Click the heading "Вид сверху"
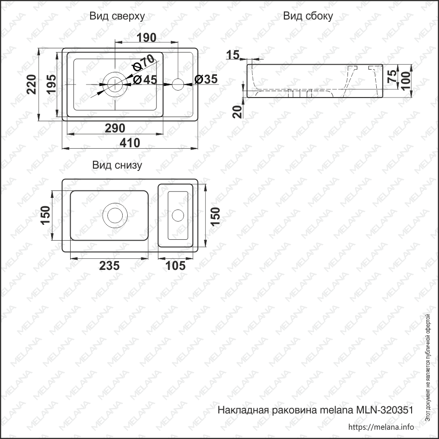click(117, 16)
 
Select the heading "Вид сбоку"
click(308, 16)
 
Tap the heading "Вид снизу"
click(117, 165)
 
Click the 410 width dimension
click(130, 143)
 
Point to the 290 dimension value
click(115, 128)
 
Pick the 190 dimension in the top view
click(146, 38)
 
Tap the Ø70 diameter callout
click(143, 63)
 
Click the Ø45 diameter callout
click(145, 80)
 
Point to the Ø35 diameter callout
click(206, 79)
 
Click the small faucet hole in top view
click(178, 84)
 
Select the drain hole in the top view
click(114, 84)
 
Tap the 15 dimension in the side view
click(232, 55)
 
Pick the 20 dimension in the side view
click(237, 111)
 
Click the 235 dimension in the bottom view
click(109, 266)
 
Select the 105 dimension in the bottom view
click(176, 266)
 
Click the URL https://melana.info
click(380, 427)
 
